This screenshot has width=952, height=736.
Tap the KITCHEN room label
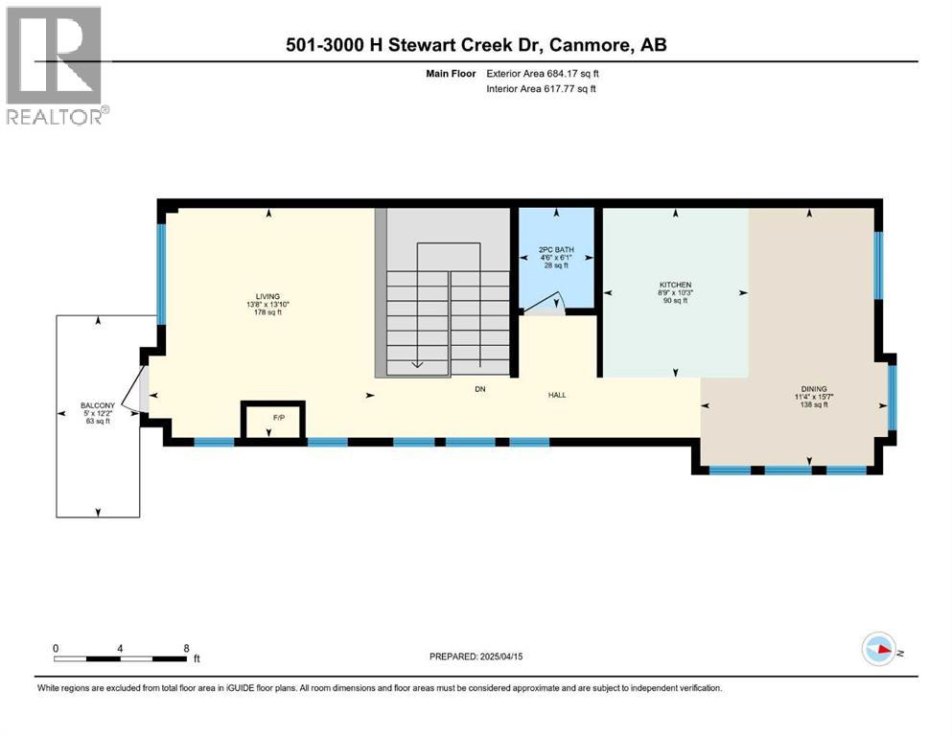coord(674,285)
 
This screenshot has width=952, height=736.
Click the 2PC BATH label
coord(556,249)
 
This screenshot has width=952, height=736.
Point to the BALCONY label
coord(97,405)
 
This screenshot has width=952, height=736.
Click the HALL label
coord(557,394)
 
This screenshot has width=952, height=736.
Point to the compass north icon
coord(879,650)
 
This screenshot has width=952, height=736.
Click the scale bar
coord(121,658)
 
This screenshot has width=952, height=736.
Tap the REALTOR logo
coord(56,65)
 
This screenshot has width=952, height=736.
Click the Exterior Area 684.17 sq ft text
coord(544,73)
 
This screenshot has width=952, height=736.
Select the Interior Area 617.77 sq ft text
coord(542,89)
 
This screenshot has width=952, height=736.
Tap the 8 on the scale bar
coord(185,648)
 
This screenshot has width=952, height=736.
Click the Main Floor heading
coord(452,73)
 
